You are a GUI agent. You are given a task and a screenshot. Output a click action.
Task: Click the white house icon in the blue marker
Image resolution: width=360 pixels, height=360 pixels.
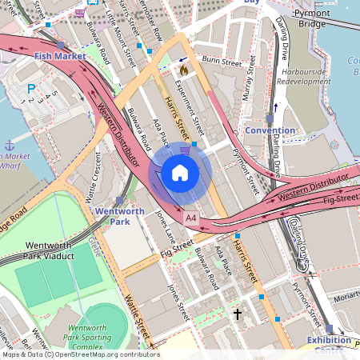point(180,173)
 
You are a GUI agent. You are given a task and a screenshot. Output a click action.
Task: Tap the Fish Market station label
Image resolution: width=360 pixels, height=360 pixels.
point(60,56)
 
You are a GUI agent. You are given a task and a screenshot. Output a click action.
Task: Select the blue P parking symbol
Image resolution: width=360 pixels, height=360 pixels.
point(32,89)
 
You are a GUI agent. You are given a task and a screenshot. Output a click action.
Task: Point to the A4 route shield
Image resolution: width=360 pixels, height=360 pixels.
point(190,217)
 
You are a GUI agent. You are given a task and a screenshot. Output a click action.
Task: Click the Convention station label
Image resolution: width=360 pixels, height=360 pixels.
point(270,130)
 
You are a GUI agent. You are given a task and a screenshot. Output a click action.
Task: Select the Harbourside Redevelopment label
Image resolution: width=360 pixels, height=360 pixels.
point(310,76)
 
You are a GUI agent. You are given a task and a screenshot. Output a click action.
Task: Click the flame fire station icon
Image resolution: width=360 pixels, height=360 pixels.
point(183,70)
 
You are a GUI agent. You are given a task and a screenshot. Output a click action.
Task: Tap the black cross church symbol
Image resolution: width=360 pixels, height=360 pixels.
point(237,315)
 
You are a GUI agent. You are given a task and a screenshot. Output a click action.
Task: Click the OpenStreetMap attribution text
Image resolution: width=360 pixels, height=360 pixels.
point(80,354)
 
